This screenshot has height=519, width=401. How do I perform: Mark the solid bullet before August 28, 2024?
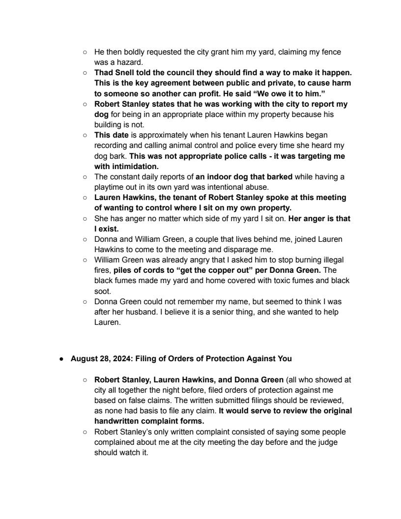pyautogui.click(x=62, y=359)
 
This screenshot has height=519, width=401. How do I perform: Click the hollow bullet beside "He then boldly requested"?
pyautogui.click(x=85, y=52)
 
